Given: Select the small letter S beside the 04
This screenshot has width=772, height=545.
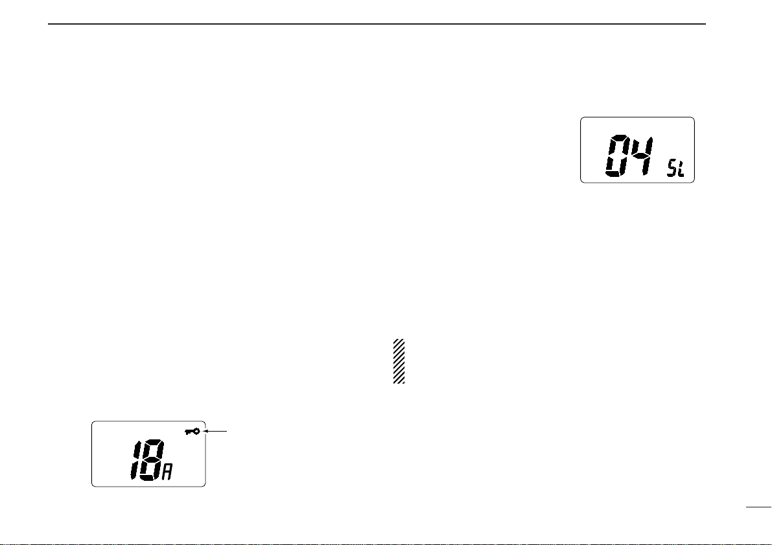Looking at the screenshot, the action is click(x=672, y=170).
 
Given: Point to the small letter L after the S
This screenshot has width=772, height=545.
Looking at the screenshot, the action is click(x=681, y=170).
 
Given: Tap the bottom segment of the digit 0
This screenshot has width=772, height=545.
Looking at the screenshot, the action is click(x=614, y=174).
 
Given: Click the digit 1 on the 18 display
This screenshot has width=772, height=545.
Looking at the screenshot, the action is click(x=134, y=460).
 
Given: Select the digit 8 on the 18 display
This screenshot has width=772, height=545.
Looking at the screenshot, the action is click(x=150, y=460).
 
